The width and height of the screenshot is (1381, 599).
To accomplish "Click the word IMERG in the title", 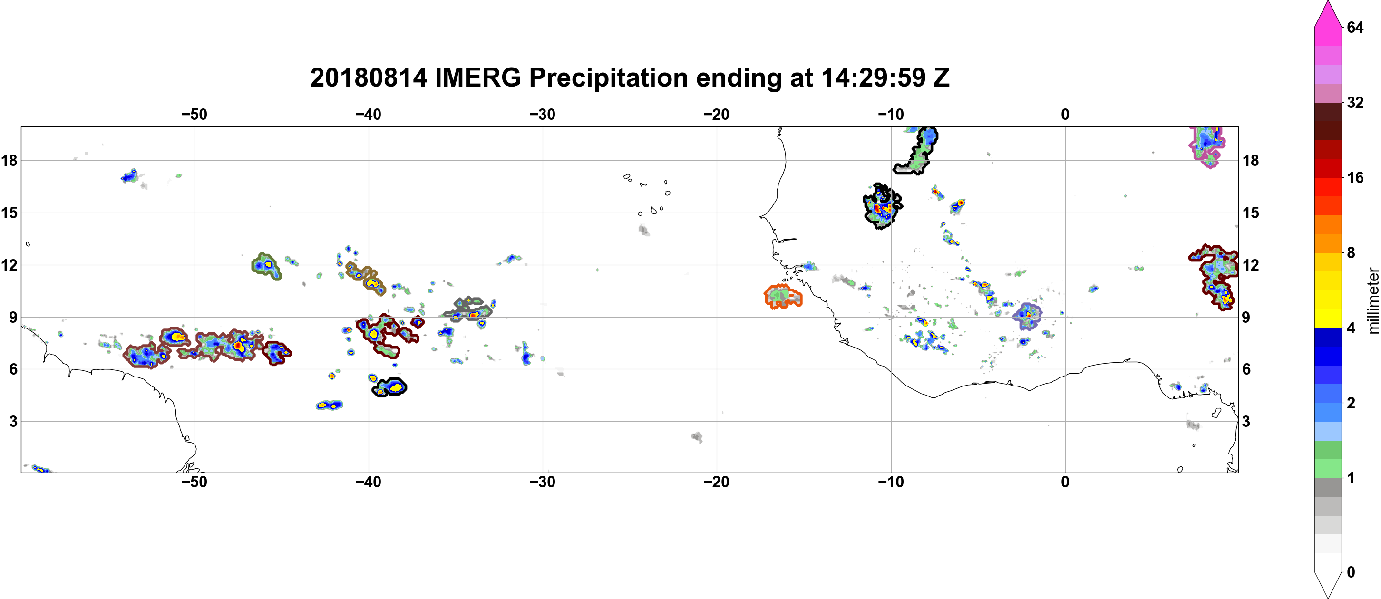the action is click(477, 77).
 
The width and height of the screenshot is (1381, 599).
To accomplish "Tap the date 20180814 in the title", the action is click(369, 77).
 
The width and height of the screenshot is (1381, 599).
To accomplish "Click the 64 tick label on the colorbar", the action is click(1355, 27).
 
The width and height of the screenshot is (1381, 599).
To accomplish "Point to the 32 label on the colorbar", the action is click(1355, 102).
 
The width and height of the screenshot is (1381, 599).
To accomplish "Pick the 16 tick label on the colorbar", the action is click(1355, 177).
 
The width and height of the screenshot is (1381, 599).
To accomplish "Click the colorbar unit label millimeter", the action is click(1373, 300).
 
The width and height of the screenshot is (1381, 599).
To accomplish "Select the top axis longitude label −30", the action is click(542, 114).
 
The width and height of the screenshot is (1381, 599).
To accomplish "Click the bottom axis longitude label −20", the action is click(716, 482).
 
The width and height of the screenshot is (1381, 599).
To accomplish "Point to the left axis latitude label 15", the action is click(9, 213).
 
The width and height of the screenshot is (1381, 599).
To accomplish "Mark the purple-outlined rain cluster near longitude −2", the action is click(1027, 316).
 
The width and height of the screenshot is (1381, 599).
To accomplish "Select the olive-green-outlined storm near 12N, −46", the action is click(266, 266).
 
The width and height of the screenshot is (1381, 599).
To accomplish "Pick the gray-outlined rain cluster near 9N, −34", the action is click(467, 309).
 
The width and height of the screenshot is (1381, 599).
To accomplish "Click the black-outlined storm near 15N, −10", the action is click(881, 206).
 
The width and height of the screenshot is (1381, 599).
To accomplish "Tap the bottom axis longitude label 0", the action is click(1065, 482).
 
